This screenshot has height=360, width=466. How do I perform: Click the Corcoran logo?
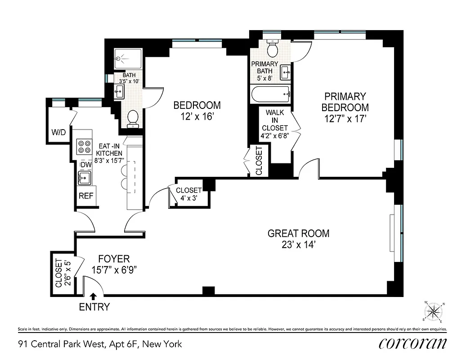pyautogui.click(x=413, y=343)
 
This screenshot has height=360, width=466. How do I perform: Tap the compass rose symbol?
pyautogui.click(x=434, y=311)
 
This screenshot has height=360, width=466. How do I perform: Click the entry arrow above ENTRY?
pyautogui.click(x=93, y=296)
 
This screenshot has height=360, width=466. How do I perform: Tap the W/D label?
pyautogui.click(x=58, y=132)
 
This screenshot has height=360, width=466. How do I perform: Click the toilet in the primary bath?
pyautogui.click(x=273, y=47)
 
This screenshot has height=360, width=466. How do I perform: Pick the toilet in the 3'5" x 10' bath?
pyautogui.click(x=133, y=118)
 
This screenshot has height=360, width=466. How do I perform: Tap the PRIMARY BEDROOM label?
pyautogui.click(x=345, y=102)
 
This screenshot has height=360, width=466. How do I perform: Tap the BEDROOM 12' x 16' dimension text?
pyautogui.click(x=197, y=116)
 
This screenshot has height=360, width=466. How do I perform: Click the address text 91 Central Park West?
pyautogui.click(x=100, y=344)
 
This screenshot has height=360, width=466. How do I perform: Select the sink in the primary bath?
pyautogui.click(x=285, y=71)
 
